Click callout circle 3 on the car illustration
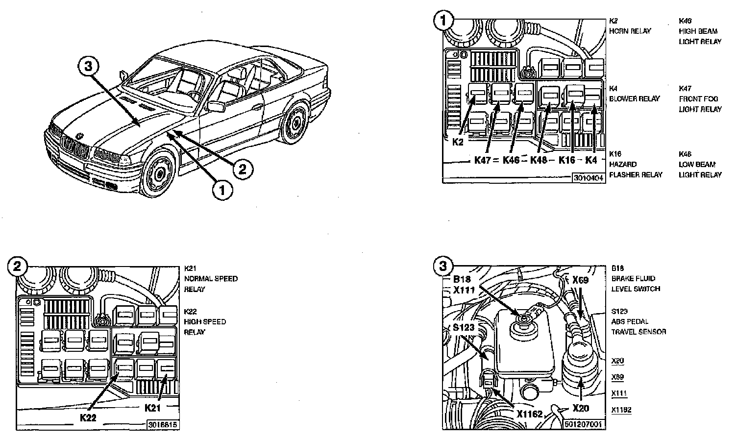(x=88, y=67)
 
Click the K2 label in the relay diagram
(x=458, y=142)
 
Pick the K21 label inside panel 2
(x=154, y=407)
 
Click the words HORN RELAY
(x=630, y=31)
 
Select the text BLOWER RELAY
(x=634, y=98)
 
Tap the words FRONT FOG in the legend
(x=698, y=98)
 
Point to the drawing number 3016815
(x=162, y=425)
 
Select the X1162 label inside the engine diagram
(x=529, y=414)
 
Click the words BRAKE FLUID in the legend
(x=633, y=278)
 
